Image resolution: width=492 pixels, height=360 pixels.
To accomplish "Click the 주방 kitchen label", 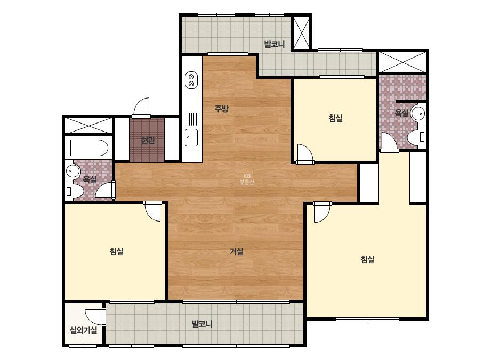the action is (221, 109).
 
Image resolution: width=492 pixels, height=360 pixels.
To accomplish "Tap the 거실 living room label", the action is (237, 251).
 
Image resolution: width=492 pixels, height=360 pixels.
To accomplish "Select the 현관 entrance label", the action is (148, 140).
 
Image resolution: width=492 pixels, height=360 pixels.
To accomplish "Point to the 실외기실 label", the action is (83, 330).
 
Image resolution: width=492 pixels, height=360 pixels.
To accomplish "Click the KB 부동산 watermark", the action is (247, 179).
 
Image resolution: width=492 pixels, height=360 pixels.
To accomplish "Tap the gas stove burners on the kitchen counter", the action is (191, 80).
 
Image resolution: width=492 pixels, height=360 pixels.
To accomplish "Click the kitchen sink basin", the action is (191, 137).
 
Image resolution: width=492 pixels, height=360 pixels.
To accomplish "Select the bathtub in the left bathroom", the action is (89, 148).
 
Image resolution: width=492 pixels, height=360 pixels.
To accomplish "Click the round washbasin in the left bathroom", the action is (73, 171).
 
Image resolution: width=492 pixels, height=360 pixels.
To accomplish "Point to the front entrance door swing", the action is (141, 108).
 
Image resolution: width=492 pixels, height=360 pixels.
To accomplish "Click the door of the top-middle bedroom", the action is (305, 154).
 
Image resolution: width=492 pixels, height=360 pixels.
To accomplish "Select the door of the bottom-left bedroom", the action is (152, 211).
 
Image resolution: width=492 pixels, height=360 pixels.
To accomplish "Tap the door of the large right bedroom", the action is (322, 212).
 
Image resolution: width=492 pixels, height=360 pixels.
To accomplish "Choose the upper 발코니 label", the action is (274, 44).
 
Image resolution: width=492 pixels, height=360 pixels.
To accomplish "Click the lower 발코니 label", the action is (202, 324).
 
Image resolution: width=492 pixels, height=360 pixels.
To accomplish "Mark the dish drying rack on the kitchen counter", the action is (191, 119).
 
